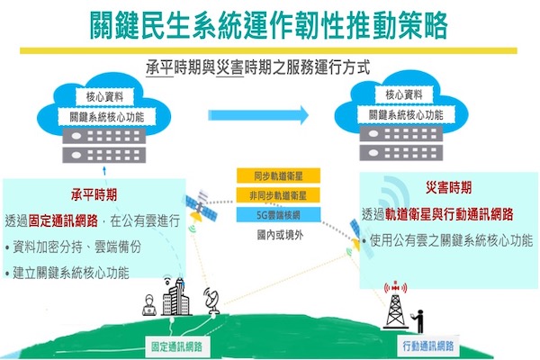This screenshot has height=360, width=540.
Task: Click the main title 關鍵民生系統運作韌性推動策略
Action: tap(269, 25)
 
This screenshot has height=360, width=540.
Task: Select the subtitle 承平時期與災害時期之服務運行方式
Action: tap(258, 67)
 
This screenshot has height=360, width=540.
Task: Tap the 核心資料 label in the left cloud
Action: tap(104, 97)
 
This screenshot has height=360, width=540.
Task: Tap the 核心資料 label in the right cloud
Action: tap(404, 94)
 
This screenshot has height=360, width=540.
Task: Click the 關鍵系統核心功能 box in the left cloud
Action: tap(107, 117)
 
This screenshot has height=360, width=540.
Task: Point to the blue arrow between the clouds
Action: tap(258, 115)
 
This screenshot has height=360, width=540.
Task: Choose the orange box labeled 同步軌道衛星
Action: tap(278, 176)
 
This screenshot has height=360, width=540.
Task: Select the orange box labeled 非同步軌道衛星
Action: tap(278, 195)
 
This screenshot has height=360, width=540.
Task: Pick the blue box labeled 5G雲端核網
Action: tap(278, 215)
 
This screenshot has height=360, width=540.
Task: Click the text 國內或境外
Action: tap(280, 235)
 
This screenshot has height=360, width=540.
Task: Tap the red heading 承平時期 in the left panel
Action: tap(94, 194)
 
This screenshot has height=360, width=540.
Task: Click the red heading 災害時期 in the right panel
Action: tap(449, 188)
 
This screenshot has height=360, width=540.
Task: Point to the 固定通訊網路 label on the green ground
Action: tap(176, 346)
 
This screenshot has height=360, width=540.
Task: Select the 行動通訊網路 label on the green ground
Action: tap(428, 346)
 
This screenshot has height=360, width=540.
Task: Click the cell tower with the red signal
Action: tap(396, 304)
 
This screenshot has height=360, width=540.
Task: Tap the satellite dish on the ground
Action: tap(212, 301)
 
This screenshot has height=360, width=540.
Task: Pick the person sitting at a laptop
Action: tap(149, 305)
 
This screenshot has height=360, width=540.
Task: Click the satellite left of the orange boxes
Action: tap(202, 206)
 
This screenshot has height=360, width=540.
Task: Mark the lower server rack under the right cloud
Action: tap(401, 153)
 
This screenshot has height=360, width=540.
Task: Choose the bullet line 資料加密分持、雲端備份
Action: tap(74, 247)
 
